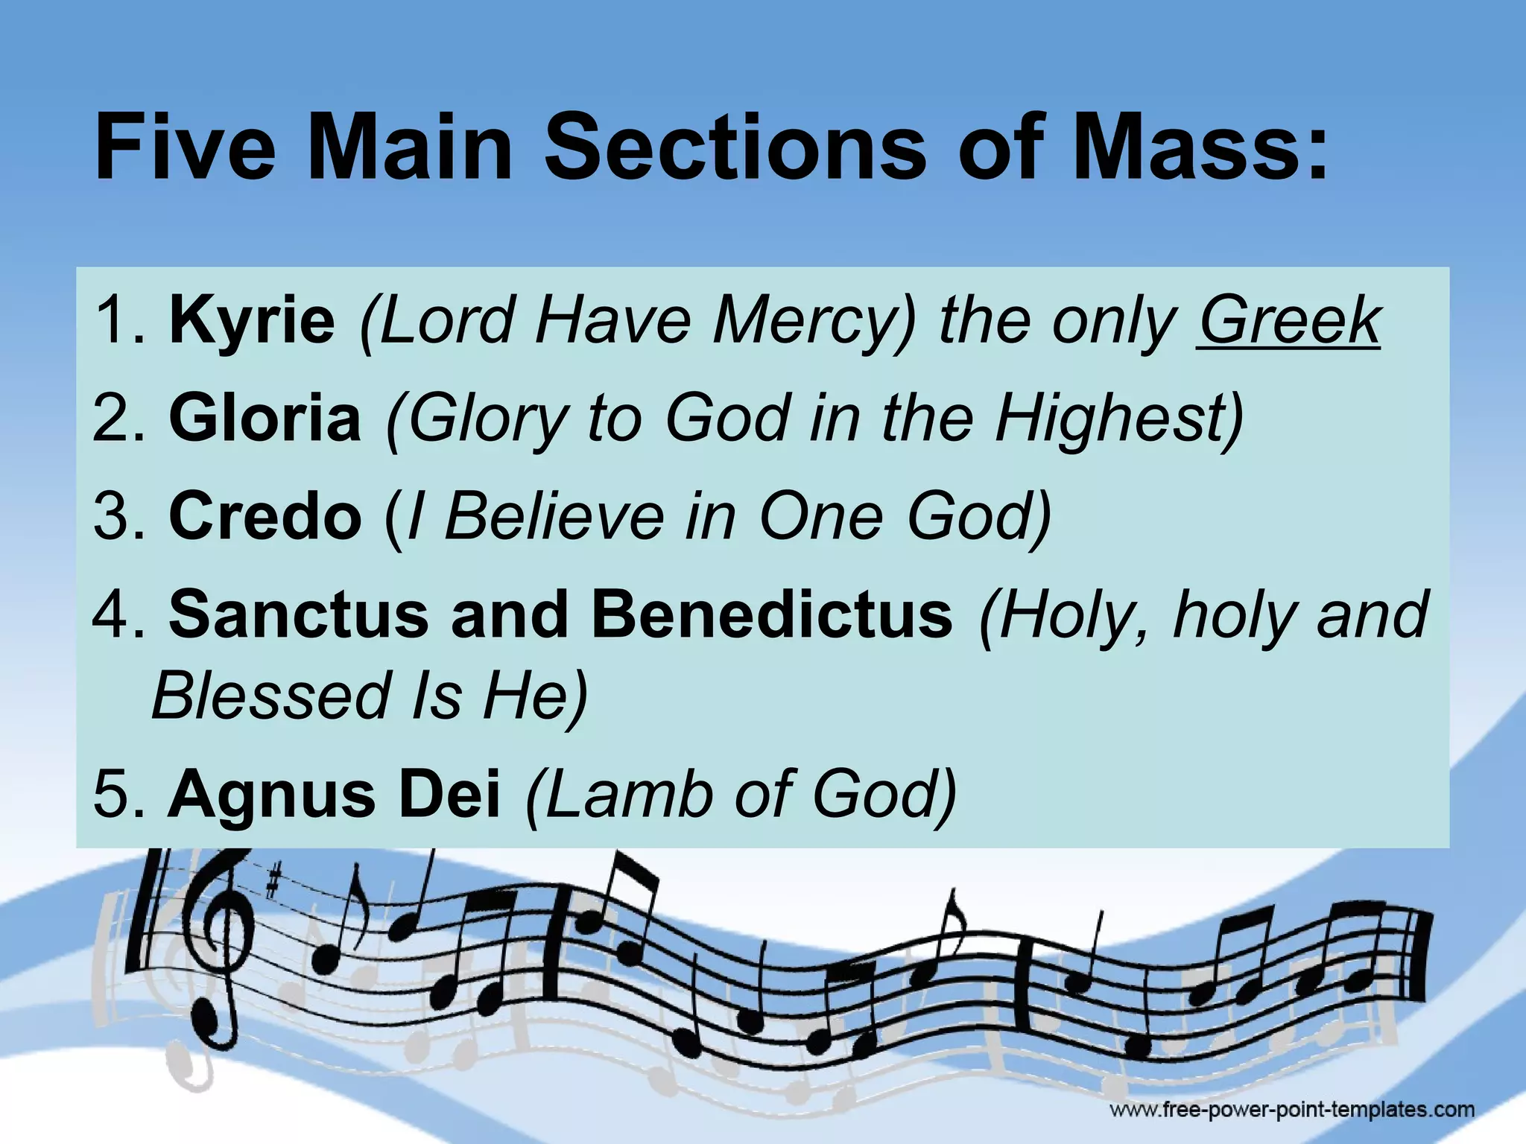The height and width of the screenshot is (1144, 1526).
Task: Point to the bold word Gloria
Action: pos(265,419)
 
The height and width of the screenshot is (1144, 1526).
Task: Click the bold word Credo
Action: pos(265,516)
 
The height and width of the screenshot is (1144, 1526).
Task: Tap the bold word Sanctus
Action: pos(299,614)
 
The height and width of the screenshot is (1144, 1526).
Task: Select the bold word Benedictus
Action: pos(772,614)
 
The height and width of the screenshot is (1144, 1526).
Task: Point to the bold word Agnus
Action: pos(272,795)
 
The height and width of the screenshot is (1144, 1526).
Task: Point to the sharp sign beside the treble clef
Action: pos(273,884)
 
